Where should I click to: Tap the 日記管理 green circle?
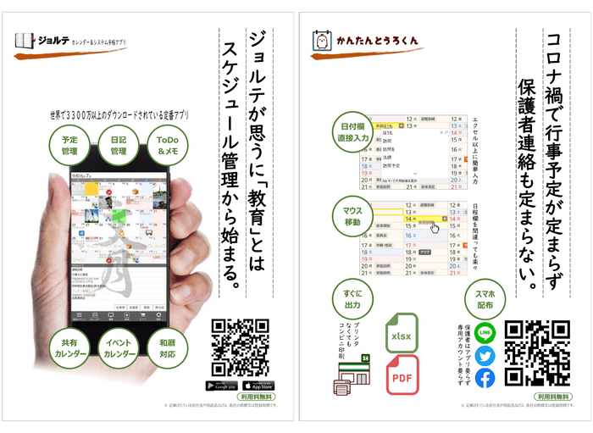[118, 145]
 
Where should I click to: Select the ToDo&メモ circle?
[167, 145]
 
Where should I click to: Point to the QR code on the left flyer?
[240, 347]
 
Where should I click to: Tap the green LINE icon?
[485, 333]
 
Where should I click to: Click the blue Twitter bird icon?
[485, 356]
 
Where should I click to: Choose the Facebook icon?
[485, 379]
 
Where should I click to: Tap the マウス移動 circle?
[348, 216]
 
